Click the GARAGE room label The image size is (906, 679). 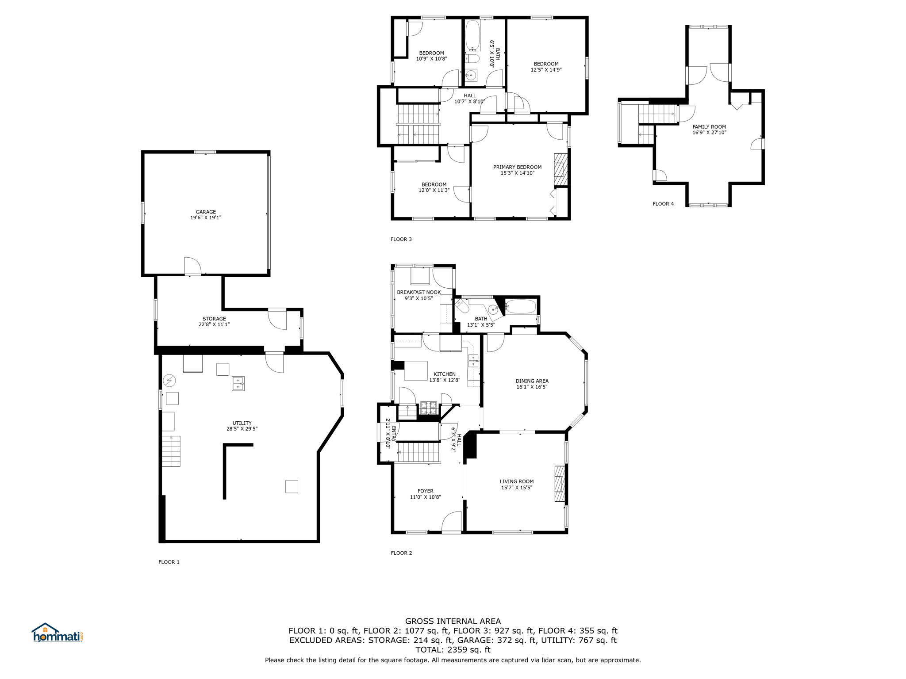point(206,212)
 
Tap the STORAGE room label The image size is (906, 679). point(214,319)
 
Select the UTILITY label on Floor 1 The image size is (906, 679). point(242,423)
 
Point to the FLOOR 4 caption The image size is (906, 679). point(663,204)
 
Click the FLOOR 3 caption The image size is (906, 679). point(401,240)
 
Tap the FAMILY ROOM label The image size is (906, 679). point(709,127)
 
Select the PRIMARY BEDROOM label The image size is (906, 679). point(517,167)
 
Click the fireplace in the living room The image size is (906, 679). point(560,484)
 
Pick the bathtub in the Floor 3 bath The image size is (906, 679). point(472,35)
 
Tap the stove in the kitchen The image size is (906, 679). point(428,407)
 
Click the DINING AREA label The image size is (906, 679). point(532,381)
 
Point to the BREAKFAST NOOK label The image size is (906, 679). point(418,292)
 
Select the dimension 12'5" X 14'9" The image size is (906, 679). point(546,70)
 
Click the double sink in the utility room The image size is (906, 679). point(238,383)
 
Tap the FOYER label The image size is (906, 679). point(425,491)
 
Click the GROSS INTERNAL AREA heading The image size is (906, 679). point(453,622)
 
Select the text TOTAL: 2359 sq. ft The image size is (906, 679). point(453,650)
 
